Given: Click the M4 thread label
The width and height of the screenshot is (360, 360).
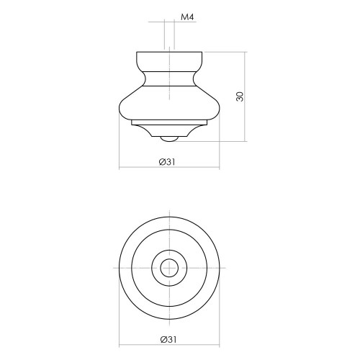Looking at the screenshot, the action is point(187,17).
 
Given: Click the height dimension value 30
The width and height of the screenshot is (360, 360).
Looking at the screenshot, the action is point(240,96).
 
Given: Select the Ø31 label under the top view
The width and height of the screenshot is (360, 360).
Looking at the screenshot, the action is point(168,339).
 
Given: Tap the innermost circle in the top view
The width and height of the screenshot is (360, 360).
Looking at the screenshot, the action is point(169,259).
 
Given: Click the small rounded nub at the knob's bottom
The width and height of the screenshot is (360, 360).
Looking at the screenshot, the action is point(169,139).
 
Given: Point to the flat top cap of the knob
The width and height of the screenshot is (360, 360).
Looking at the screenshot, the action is point(169,61).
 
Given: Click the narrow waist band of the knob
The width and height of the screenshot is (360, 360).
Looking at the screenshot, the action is point(169,78).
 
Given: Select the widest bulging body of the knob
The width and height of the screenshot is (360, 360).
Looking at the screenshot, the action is point(169,103).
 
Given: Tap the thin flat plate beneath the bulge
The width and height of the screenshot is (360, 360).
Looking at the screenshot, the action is point(169,122).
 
